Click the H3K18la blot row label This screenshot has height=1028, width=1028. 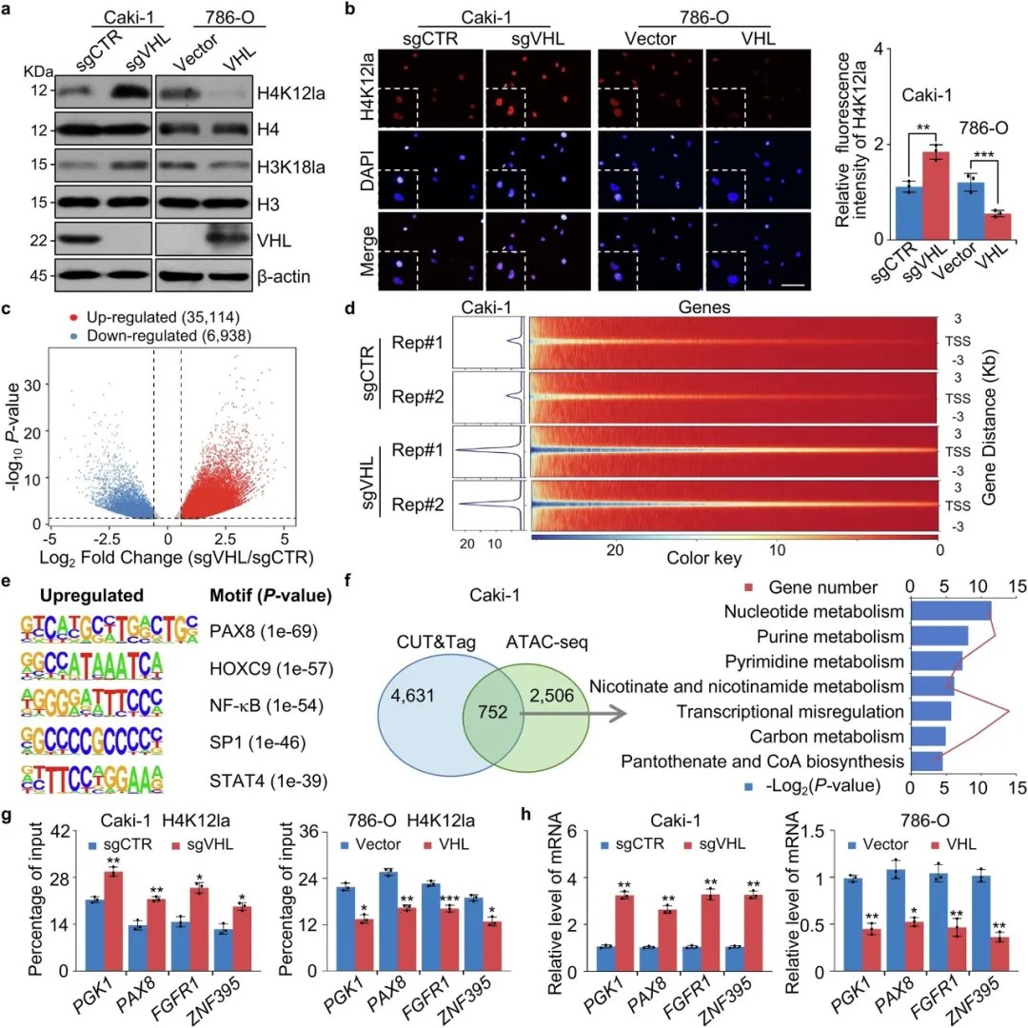click(x=287, y=163)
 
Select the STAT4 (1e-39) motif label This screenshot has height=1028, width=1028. click(x=261, y=781)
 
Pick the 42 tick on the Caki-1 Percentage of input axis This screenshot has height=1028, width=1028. click(x=43, y=831)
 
